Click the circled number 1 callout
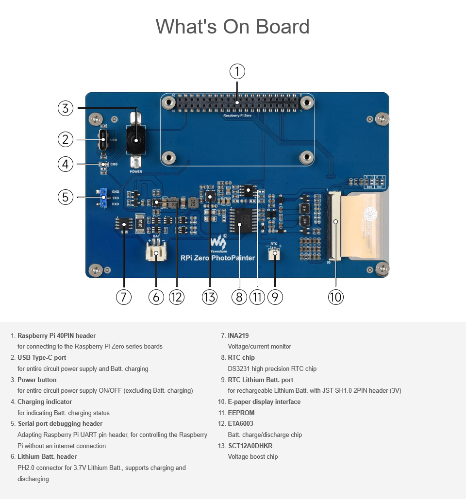[x=237, y=72]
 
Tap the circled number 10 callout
[x=335, y=297]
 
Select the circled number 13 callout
[x=210, y=297]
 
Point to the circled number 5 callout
[x=66, y=197]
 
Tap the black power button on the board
[x=136, y=140]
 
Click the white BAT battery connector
[x=156, y=252]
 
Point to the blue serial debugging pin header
[x=103, y=198]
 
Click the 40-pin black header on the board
[x=237, y=103]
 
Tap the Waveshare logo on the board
[x=218, y=241]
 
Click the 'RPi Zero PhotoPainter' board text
[x=217, y=258]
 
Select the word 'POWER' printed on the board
[x=136, y=171]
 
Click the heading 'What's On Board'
[x=233, y=26]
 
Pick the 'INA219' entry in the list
[x=238, y=335]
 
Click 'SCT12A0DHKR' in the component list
[x=250, y=446]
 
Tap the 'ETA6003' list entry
[x=240, y=423]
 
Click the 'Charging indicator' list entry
[x=45, y=402]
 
